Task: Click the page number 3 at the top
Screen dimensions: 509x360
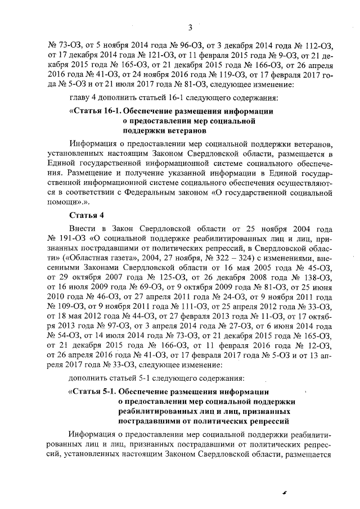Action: coord(191,27)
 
